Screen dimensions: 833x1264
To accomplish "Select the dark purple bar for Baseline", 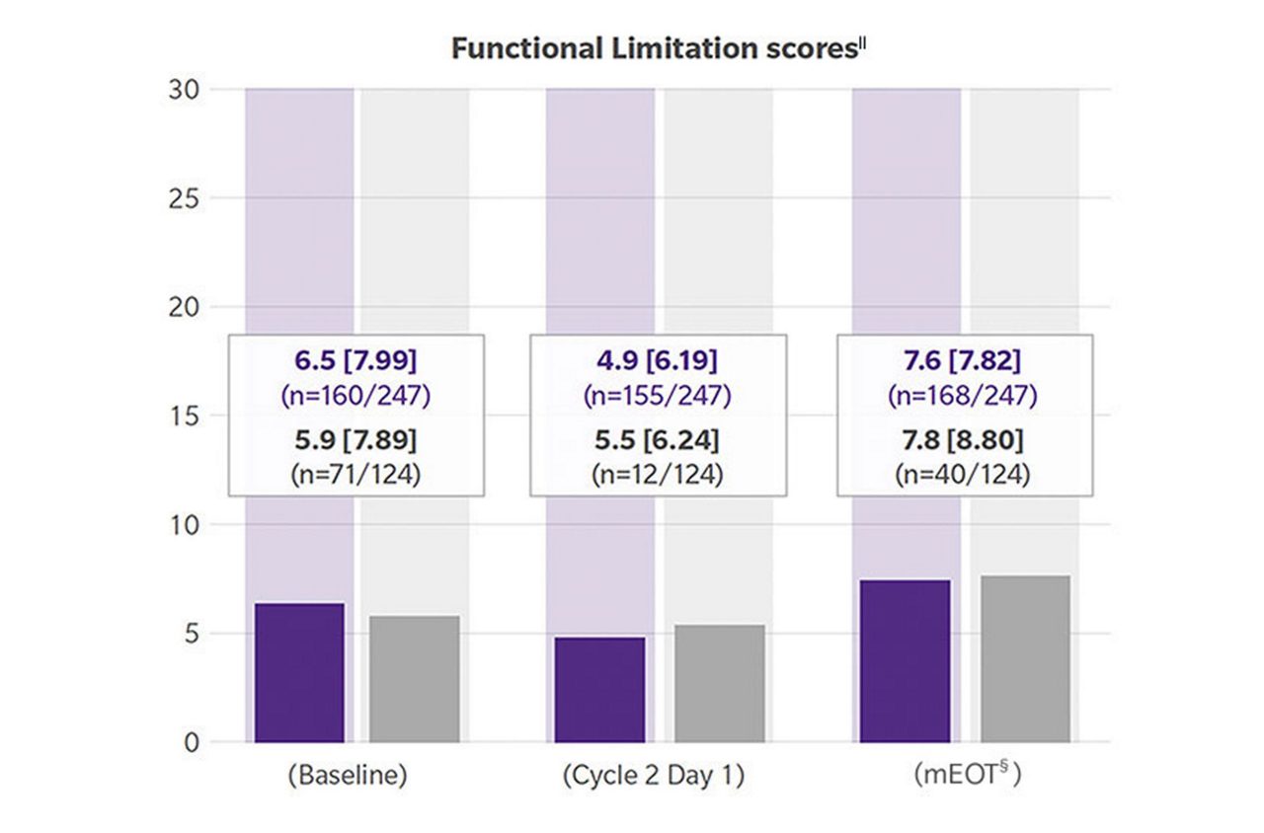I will point(299,672).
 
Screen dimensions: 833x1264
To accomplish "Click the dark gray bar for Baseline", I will point(415,679).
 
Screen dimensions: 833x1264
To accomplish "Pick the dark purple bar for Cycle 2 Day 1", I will point(600,689).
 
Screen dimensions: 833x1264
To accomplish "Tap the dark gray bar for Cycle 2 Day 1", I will point(718,683).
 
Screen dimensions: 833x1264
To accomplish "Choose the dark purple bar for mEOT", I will point(906,660).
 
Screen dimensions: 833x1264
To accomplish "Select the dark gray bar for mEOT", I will point(1025,658).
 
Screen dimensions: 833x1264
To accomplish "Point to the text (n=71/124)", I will point(355,474).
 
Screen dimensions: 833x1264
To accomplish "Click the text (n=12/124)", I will point(658,474).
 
